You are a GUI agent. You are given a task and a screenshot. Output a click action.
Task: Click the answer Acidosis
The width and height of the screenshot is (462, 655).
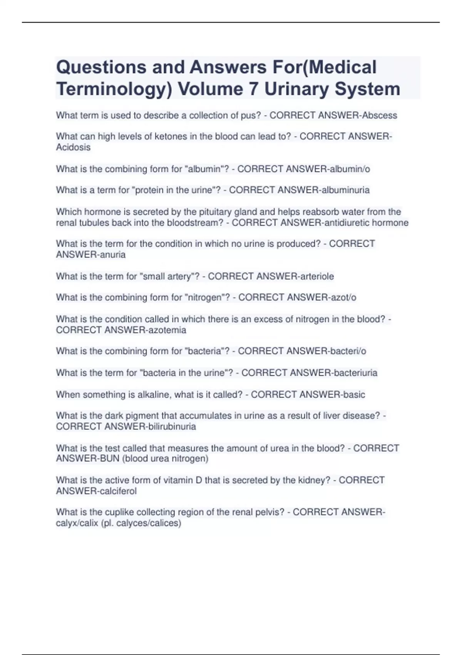point(73,147)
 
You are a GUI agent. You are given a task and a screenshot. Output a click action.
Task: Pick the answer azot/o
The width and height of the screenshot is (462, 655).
point(343,297)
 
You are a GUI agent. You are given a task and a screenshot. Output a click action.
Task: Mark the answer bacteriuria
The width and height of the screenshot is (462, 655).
point(355,373)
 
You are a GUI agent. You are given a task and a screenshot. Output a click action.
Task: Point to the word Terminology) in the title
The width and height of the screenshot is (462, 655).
point(114,89)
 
